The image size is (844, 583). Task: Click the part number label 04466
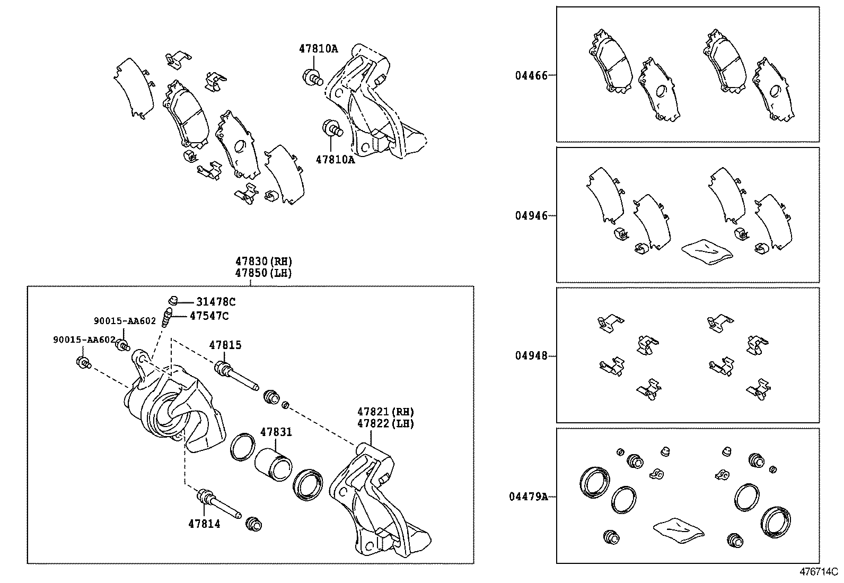531,75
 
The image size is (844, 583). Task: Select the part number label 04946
531,216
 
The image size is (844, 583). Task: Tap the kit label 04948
531,356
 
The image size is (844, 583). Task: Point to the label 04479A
528,497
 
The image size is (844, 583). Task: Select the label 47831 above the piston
276,432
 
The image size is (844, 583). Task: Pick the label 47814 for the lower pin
204,524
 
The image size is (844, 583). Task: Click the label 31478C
216,302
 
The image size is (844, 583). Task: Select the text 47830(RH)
263,262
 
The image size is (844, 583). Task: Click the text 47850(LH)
263,273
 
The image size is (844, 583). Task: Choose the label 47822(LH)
385,423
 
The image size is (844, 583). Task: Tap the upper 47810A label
318,48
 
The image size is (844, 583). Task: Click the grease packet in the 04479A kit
678,529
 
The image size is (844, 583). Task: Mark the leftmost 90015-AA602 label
84,340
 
